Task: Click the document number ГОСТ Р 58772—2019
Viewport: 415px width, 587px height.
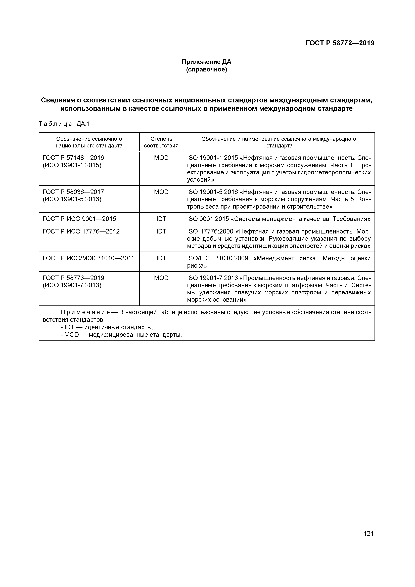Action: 340,43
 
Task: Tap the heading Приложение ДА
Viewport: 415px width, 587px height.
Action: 206,62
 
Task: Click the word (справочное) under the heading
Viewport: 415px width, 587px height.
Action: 206,69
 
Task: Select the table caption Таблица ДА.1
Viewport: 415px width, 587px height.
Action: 64,124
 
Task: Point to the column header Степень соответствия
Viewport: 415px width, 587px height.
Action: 161,142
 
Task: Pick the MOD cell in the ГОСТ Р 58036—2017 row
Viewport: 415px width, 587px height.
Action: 161,192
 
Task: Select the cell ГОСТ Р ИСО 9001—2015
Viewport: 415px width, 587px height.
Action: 79,219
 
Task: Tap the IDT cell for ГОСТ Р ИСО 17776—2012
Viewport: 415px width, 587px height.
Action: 161,231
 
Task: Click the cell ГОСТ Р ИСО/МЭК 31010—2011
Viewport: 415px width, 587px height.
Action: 88,258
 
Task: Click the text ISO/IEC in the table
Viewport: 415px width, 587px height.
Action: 198,258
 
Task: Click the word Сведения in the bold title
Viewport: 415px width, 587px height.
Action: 59,100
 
